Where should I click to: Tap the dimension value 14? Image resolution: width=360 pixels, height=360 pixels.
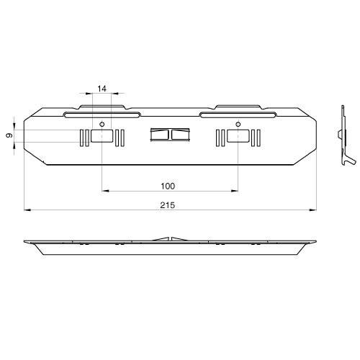pos(102,88)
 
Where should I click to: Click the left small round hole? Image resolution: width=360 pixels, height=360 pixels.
pos(102,125)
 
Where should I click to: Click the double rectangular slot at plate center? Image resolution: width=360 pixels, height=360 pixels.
pos(168,135)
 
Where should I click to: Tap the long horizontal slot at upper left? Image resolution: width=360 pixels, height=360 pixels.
pos(102,114)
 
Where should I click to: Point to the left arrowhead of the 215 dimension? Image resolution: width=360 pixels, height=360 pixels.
pos(27,210)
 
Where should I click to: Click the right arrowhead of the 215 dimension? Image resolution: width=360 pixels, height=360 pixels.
pos(312,210)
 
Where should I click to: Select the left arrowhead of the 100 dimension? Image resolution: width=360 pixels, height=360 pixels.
pos(105,191)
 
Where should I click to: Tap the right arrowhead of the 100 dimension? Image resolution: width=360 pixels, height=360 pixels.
pos(234,191)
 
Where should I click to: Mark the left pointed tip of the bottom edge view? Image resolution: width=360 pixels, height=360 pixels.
pos(24,240)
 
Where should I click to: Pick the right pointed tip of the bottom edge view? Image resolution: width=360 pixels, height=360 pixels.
pos(315,240)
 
